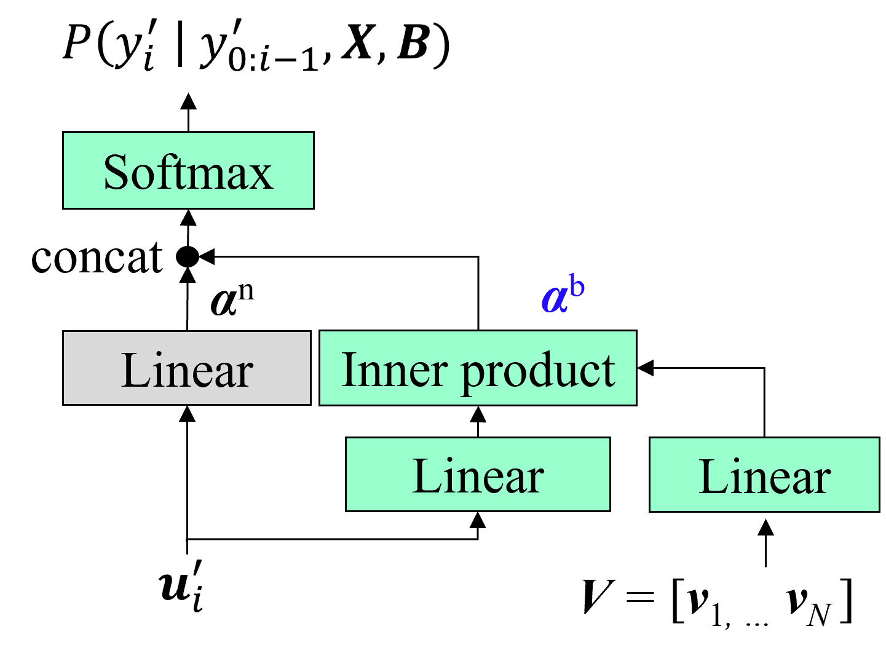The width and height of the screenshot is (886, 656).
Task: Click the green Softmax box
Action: pyautogui.click(x=188, y=170)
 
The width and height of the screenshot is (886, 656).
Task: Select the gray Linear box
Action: pyautogui.click(x=186, y=368)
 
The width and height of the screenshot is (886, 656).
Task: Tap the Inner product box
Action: pyautogui.click(x=478, y=368)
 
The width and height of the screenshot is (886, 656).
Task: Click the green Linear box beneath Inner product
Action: pyautogui.click(x=478, y=474)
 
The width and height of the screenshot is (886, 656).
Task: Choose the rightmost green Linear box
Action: pyautogui.click(x=764, y=474)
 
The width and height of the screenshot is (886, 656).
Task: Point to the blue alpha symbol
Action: pyautogui.click(x=554, y=299)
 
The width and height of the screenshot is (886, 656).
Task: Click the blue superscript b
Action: pyautogui.click(x=577, y=287)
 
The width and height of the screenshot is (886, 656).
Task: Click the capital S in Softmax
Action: pyautogui.click(x=117, y=172)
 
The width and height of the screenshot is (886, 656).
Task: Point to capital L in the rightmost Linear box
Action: pyautogui.click(x=711, y=476)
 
